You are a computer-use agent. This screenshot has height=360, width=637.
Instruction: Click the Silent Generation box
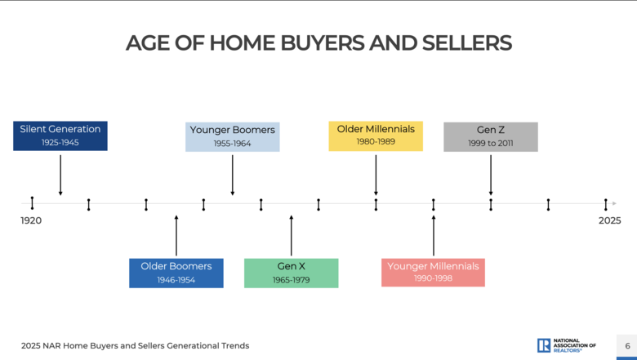tap(60, 136)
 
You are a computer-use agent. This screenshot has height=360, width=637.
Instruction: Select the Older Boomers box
tap(176, 273)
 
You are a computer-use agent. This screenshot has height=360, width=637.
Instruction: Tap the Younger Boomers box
tap(233, 137)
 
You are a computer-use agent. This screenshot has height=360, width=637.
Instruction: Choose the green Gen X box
tap(292, 273)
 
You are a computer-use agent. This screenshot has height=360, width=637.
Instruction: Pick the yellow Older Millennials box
tap(376, 136)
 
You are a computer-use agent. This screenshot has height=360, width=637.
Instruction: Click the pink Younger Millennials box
tap(433, 273)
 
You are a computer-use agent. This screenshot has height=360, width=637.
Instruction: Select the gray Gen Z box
tap(491, 137)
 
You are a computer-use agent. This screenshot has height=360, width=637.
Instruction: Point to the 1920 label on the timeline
tap(31, 220)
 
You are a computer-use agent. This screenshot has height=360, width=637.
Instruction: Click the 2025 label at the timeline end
tap(610, 220)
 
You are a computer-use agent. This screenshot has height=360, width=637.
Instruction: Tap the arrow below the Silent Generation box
tap(60, 175)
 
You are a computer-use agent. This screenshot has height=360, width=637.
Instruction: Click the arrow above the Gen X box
tap(292, 235)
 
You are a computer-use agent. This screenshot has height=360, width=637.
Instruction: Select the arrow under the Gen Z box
tap(491, 175)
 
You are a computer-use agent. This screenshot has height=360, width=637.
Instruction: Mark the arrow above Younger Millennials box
tap(434, 235)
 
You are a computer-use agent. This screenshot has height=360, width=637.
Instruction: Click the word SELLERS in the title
tap(467, 43)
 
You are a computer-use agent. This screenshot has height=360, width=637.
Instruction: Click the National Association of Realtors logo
tap(566, 345)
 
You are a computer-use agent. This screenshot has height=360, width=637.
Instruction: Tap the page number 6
tap(628, 346)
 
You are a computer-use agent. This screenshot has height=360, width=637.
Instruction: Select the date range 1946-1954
tap(176, 280)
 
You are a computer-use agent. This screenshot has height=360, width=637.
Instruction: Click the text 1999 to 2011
tap(491, 144)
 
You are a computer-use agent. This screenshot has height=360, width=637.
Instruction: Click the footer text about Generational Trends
tap(136, 346)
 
